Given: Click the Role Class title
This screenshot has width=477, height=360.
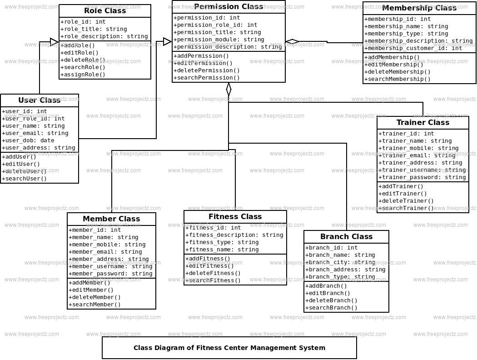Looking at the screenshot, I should (x=105, y=11).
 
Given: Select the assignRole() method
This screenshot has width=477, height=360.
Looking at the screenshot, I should (x=84, y=75).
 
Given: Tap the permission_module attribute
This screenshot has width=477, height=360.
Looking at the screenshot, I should (x=219, y=40).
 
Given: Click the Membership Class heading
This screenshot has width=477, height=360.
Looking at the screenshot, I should (x=419, y=8).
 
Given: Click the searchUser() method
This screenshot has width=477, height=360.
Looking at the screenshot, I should (x=25, y=179).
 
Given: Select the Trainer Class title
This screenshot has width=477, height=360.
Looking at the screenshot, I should (x=422, y=123).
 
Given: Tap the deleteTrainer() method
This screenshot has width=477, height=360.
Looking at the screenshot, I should (x=406, y=201).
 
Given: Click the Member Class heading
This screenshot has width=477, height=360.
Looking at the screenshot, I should (x=111, y=219).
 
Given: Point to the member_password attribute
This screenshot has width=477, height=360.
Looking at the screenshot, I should (x=111, y=274).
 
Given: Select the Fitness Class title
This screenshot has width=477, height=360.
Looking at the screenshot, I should (x=235, y=217).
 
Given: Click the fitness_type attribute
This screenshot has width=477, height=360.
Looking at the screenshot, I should (x=222, y=242).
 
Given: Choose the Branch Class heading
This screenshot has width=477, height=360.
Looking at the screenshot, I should (x=346, y=237).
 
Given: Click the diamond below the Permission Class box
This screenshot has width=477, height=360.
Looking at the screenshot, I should (x=229, y=89).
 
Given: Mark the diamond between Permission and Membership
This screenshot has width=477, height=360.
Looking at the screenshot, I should (x=292, y=41).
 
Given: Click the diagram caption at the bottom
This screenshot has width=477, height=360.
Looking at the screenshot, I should (x=229, y=348).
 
